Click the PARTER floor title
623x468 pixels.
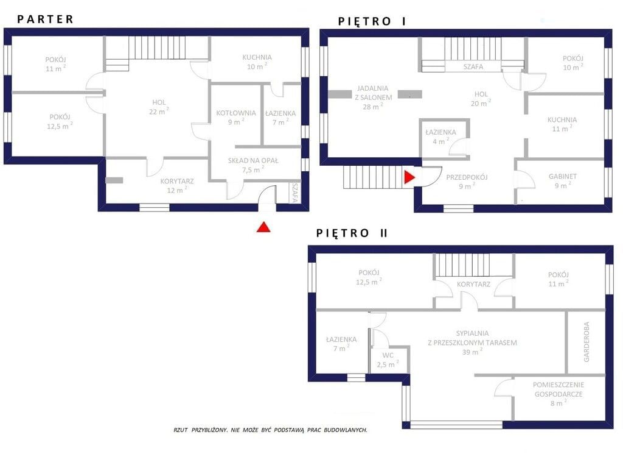45,19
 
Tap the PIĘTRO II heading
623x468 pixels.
352,233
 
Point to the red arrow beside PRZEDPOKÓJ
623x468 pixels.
409,177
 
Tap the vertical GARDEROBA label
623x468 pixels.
586,342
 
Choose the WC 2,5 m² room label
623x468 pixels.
388,360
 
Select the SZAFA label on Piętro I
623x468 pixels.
473,67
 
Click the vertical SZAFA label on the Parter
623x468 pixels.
295,193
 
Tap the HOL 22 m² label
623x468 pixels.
159,107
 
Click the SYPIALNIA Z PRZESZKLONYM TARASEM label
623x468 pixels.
472,342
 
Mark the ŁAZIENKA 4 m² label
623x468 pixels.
440,136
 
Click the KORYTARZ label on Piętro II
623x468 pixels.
473,284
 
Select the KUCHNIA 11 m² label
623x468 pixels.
562,124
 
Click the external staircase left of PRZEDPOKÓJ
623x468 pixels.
374,177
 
